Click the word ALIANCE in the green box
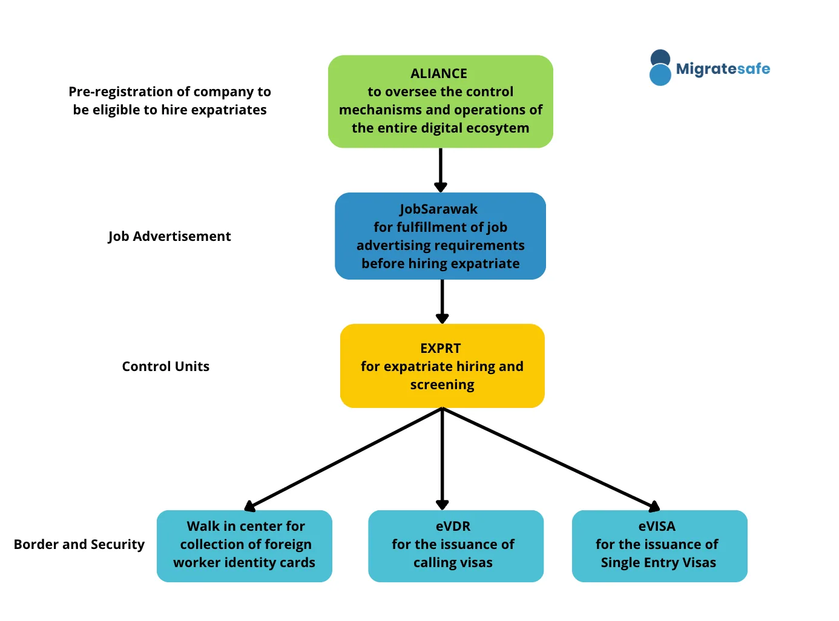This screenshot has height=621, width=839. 438,73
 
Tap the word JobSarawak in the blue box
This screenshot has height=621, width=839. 438,209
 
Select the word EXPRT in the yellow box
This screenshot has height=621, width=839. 441,348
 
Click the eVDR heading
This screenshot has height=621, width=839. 453,526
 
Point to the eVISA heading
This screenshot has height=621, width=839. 657,526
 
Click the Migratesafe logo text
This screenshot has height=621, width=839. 723,68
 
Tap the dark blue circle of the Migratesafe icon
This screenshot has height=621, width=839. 660,57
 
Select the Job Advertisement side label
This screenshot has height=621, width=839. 169,237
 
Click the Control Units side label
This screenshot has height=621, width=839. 165,366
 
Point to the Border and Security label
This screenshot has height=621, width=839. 79,544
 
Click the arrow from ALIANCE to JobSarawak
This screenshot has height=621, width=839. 440,170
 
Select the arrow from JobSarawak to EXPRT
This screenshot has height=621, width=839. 442,301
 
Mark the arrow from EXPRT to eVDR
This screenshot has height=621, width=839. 442,459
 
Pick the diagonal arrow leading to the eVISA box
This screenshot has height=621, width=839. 551,459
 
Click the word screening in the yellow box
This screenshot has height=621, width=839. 442,385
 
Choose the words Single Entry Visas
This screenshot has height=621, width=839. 658,563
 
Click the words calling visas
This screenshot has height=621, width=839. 453,563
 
